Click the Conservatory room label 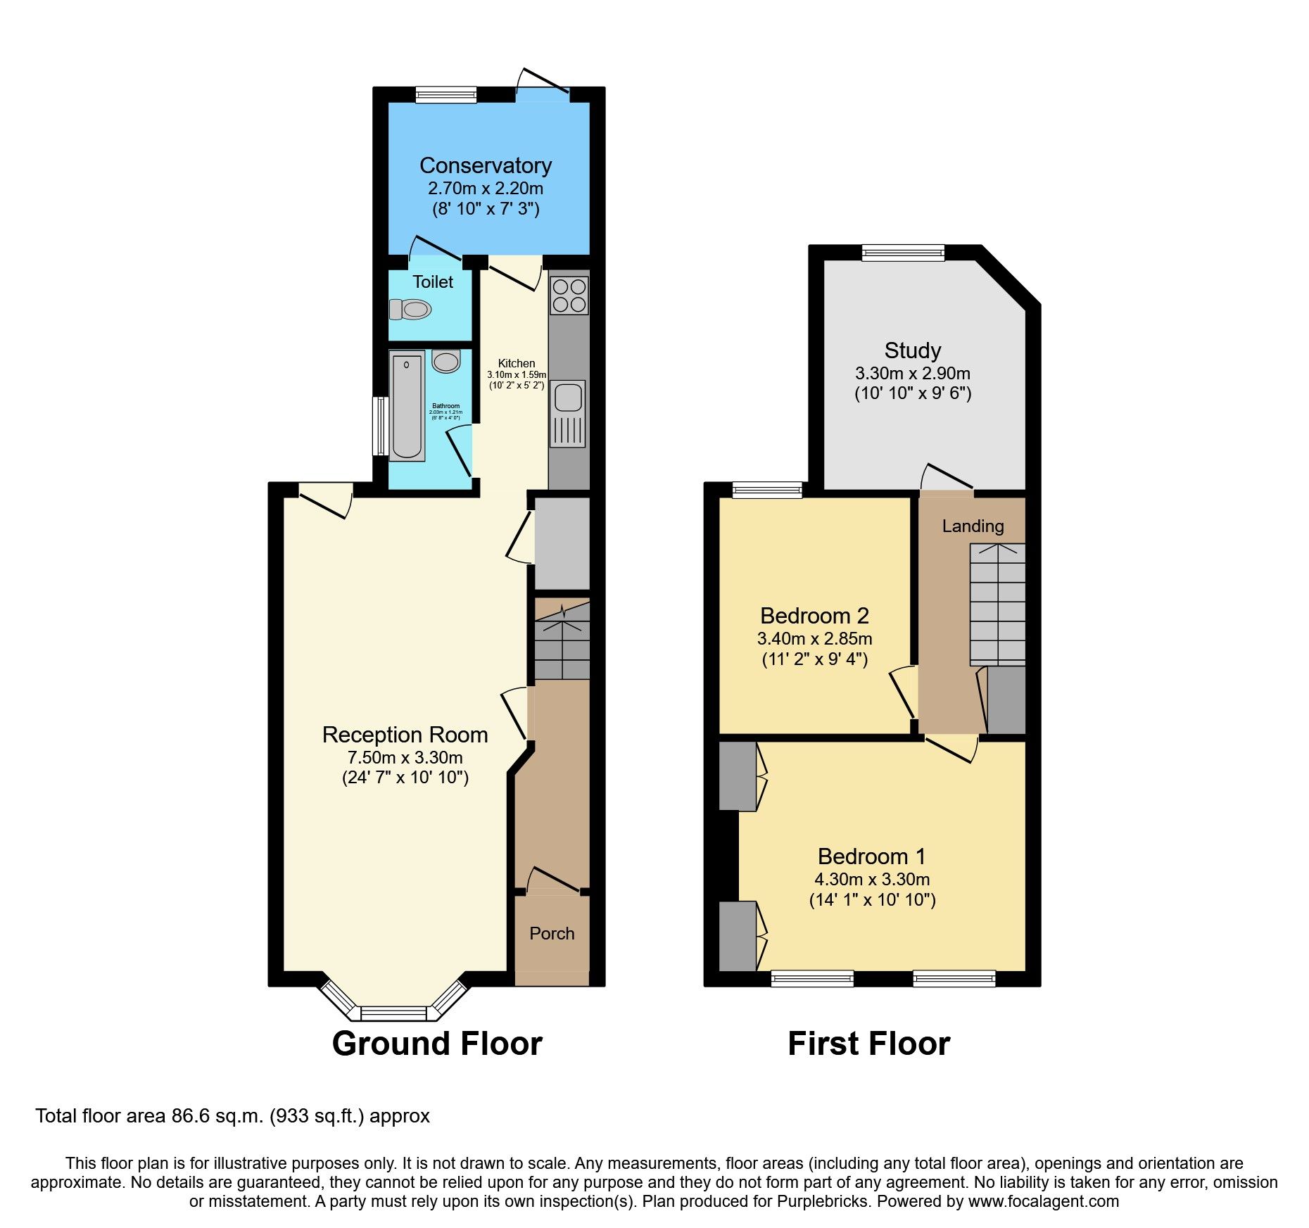coord(486,165)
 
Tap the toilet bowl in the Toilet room coord(411,309)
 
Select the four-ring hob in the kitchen coord(569,296)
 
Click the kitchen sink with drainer coord(568,413)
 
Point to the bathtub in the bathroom coord(407,406)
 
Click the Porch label coord(552,933)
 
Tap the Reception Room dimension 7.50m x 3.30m coord(405,758)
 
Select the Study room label coord(913,350)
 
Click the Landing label coord(973,526)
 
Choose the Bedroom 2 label coord(814,616)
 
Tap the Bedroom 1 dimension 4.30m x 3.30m coord(872,879)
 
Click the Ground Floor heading coord(437,1043)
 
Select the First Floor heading coord(868,1043)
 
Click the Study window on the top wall coord(903,253)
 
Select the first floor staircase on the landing coord(997,604)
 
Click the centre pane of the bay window coord(393,1013)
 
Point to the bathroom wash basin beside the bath coord(446,362)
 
